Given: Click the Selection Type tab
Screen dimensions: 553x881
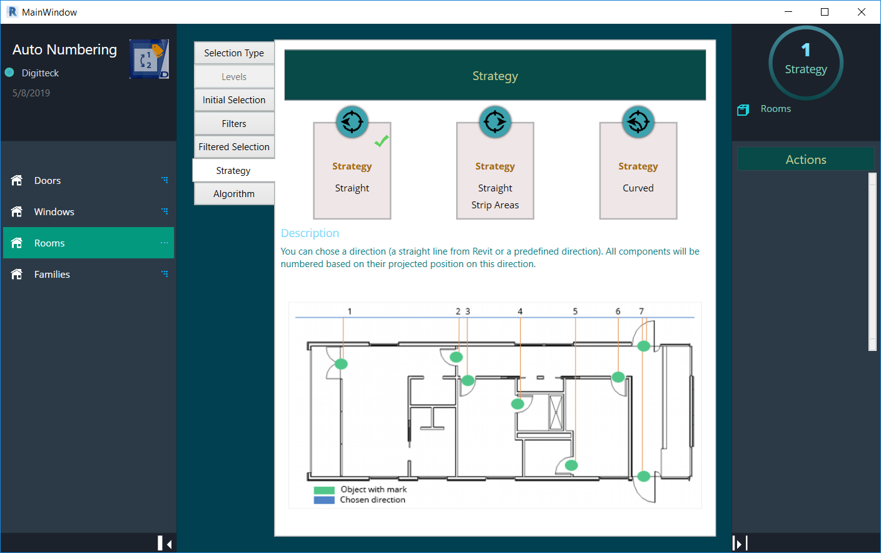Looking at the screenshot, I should click(x=234, y=53).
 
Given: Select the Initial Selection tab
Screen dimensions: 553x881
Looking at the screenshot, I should click(x=234, y=100).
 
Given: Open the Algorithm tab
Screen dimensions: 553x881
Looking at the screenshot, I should click(x=234, y=194).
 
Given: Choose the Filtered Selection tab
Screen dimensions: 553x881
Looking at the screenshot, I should click(x=234, y=147).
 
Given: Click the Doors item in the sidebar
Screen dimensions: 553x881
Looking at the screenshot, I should click(x=48, y=181).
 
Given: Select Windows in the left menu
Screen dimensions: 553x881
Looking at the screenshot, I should click(x=54, y=212).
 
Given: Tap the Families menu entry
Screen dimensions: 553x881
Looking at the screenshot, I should click(x=52, y=275).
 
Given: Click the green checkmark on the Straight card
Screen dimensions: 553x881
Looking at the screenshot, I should click(x=382, y=141).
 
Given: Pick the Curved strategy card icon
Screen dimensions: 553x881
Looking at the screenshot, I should click(x=638, y=121).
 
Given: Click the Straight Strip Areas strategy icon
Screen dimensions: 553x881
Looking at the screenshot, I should click(x=495, y=121).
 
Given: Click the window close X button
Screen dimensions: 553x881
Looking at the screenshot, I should click(x=862, y=12).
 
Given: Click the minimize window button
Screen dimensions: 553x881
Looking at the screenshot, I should click(x=788, y=12).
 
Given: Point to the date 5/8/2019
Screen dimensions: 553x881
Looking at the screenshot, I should click(x=31, y=93).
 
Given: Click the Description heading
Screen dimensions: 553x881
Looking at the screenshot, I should click(x=310, y=233).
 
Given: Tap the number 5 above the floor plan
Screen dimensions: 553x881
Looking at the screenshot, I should click(x=575, y=312).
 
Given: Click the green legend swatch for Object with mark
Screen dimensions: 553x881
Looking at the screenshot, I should click(x=324, y=490).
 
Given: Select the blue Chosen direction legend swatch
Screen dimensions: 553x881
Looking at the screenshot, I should click(x=324, y=500).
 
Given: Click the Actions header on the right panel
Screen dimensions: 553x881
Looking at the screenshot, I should click(x=806, y=160).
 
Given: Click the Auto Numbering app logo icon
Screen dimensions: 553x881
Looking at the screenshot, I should click(x=149, y=59).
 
